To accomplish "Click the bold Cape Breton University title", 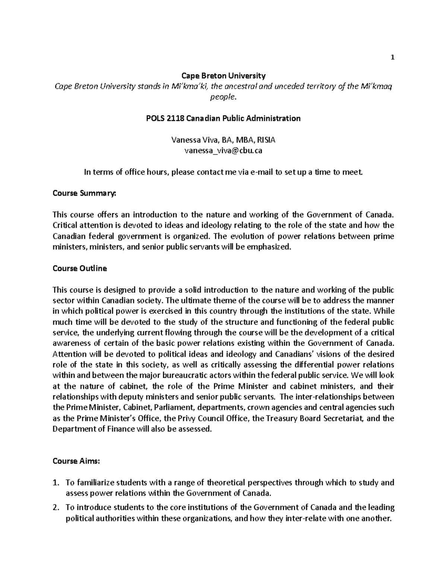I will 223,76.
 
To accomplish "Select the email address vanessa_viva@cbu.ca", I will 223,151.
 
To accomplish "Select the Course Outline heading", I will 80,268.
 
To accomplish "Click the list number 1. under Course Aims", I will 56,483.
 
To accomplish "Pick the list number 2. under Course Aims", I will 56,507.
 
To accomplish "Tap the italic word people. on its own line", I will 223,97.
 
